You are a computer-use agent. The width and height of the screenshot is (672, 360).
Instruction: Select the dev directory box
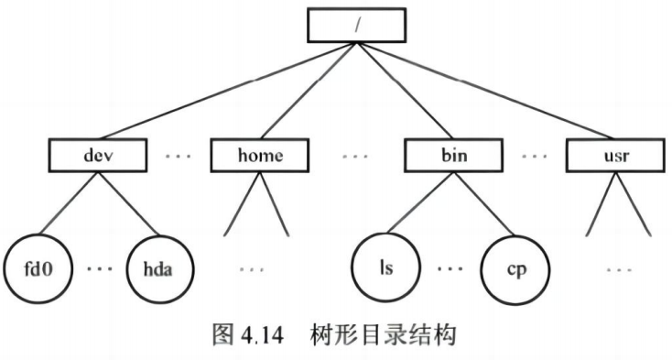pyautogui.click(x=96, y=156)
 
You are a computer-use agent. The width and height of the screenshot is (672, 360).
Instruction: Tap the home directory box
pyautogui.click(x=260, y=156)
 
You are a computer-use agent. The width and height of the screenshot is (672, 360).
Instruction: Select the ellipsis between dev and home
pyautogui.click(x=179, y=156)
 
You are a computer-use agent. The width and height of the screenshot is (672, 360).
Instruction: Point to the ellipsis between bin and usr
pyautogui.click(x=534, y=156)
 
